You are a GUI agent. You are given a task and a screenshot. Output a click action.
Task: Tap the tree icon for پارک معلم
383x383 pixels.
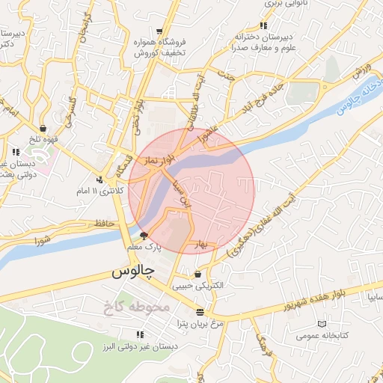coord(144,236)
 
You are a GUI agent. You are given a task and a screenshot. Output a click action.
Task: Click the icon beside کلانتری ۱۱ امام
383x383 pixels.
coord(99,179)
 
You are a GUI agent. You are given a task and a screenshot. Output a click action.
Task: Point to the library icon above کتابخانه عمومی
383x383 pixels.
coord(322,324)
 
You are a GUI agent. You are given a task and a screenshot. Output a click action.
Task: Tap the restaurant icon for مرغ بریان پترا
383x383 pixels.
coord(199,312)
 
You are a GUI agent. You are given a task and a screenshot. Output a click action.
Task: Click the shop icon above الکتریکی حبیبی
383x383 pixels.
coord(197,273)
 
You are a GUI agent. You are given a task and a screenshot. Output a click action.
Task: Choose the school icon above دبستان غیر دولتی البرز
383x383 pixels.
coord(139,334)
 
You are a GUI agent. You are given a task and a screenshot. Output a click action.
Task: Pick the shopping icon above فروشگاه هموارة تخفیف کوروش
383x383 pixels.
coord(159,31)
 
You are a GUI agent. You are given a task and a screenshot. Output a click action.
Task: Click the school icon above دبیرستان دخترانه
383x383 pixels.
coord(263,26)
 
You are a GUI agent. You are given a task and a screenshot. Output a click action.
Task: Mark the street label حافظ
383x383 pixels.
coord(104,224)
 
